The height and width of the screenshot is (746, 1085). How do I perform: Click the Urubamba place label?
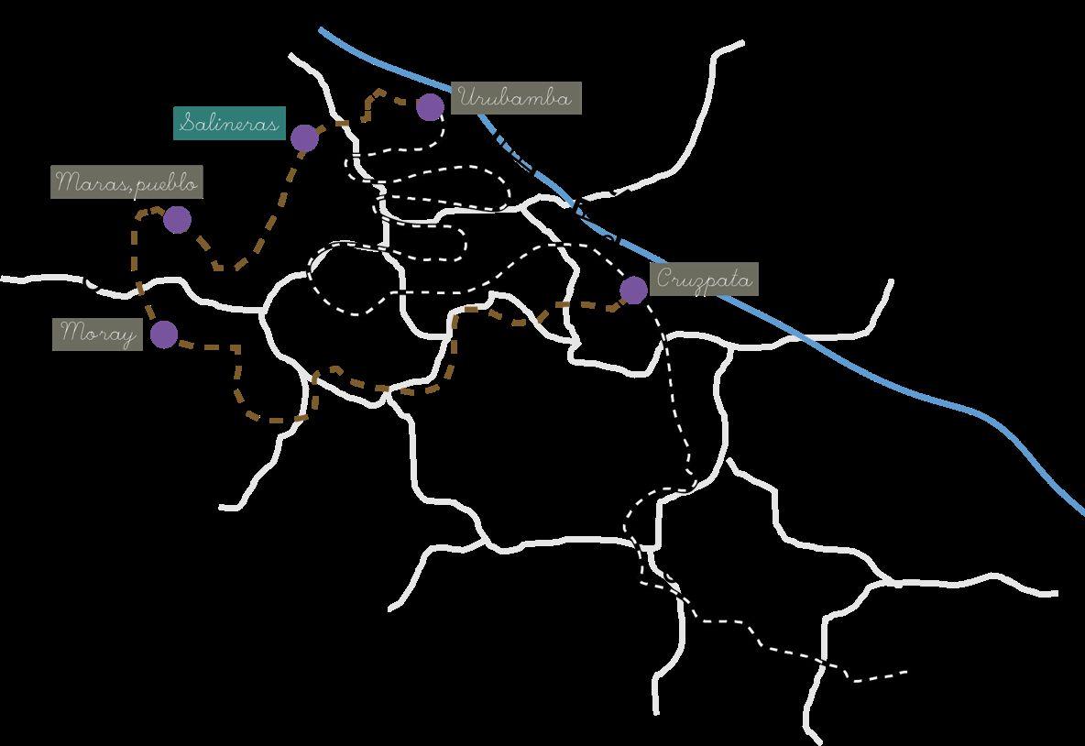[x=516, y=98]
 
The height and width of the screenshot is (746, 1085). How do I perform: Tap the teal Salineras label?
[x=229, y=123]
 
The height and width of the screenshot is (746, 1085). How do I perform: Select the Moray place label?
[x=98, y=334]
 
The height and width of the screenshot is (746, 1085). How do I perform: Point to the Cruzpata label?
[x=705, y=280]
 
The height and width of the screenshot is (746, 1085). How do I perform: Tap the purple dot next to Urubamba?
[x=430, y=107]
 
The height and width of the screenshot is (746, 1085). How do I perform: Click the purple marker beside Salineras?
[x=304, y=138]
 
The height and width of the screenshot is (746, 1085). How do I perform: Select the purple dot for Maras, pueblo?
[x=177, y=220]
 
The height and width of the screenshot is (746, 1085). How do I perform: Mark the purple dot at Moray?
[x=164, y=335]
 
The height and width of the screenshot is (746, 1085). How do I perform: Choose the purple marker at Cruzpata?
[x=633, y=291]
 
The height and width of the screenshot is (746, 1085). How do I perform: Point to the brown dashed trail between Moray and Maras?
[x=139, y=275]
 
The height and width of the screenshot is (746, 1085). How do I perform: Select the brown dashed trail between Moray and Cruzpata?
[x=385, y=389]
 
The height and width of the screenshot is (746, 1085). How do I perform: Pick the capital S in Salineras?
[x=187, y=123]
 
